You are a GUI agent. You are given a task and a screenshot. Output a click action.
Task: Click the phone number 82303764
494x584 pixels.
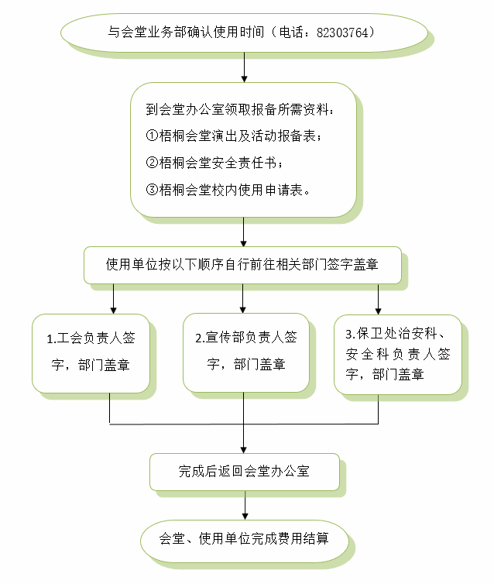point(345,33)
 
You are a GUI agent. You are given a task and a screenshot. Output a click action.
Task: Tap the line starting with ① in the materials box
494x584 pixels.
point(232,136)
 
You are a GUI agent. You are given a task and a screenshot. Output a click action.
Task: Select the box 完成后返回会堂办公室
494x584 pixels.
point(244,471)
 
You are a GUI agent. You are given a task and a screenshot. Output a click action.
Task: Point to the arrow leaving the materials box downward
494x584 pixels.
point(244,231)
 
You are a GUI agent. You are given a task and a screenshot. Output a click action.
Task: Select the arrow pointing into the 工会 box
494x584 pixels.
point(114,299)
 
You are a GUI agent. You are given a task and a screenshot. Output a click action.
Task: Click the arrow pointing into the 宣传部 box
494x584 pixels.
point(244,299)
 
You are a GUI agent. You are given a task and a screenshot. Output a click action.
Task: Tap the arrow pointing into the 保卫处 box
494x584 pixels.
point(379,299)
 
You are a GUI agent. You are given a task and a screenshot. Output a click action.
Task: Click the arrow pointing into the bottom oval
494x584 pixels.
point(245,507)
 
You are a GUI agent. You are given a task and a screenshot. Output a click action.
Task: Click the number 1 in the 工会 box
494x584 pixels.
point(50,339)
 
